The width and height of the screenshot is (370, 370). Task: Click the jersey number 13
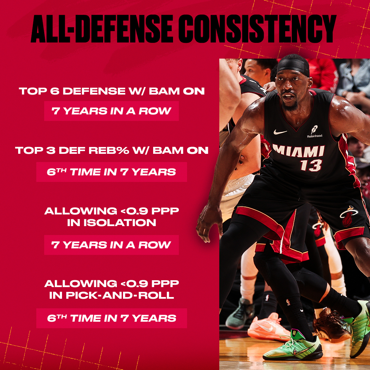click(311, 165)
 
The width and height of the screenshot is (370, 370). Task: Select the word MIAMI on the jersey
click(298, 151)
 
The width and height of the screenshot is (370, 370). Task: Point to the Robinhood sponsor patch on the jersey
click(314, 132)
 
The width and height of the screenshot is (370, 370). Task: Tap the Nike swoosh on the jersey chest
click(280, 132)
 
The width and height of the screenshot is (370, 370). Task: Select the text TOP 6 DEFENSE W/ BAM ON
click(112, 91)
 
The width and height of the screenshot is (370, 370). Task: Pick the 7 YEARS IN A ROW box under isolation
click(111, 245)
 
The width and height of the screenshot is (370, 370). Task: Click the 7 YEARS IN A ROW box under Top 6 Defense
click(111, 111)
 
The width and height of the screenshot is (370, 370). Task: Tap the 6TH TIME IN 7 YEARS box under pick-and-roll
click(111, 318)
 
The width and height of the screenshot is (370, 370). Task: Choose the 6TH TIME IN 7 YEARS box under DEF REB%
click(111, 172)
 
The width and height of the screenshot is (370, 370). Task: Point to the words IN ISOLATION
click(112, 222)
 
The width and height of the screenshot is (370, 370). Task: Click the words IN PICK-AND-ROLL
click(112, 295)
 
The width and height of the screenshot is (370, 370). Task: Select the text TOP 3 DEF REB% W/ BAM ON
click(112, 150)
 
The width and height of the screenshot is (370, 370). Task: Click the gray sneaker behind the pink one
click(240, 313)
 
